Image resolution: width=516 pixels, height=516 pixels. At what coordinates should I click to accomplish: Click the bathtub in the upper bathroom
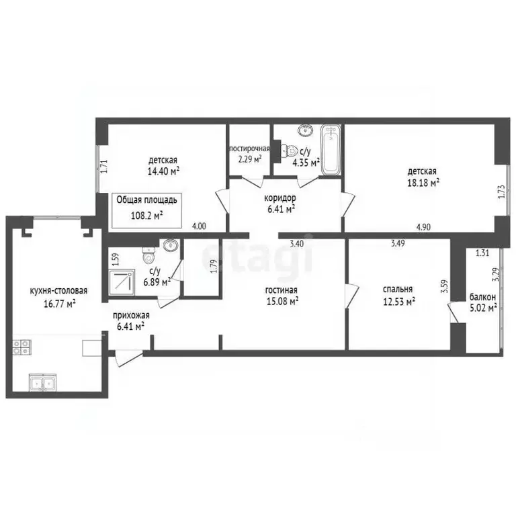pyautogui.click(x=331, y=149)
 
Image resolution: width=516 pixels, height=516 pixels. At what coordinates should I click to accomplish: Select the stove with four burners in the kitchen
pyautogui.click(x=21, y=347)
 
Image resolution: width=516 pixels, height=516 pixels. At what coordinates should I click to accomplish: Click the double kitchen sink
pyautogui.click(x=42, y=383)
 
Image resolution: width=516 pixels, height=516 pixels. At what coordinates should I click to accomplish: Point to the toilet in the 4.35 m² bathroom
pyautogui.click(x=289, y=151)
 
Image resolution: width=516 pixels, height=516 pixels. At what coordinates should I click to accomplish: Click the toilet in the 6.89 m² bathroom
pyautogui.click(x=148, y=254)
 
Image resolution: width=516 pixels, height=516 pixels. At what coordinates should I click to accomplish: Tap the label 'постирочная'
pyautogui.click(x=249, y=148)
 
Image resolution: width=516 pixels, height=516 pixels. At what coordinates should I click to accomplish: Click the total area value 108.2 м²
pyautogui.click(x=147, y=216)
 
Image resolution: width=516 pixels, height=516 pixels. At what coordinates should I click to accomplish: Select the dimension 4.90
pyautogui.click(x=423, y=226)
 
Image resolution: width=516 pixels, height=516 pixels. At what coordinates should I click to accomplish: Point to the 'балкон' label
pyautogui.click(x=482, y=297)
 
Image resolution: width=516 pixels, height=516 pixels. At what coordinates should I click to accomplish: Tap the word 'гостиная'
pyautogui.click(x=282, y=290)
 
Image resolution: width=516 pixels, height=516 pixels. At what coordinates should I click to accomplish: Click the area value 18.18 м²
pyautogui.click(x=423, y=182)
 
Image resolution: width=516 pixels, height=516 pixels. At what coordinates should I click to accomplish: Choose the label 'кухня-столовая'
pyautogui.click(x=58, y=291)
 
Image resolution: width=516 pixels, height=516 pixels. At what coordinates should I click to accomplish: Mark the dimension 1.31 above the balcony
pyautogui.click(x=482, y=253)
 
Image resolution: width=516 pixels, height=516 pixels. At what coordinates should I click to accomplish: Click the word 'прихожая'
pyautogui.click(x=131, y=315)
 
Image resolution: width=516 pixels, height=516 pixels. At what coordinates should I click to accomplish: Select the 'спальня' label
pyautogui.click(x=398, y=290)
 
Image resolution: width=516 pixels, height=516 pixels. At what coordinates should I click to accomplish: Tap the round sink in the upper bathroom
pyautogui.click(x=306, y=130)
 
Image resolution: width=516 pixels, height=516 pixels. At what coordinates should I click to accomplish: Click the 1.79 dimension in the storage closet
pyautogui.click(x=214, y=266)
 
